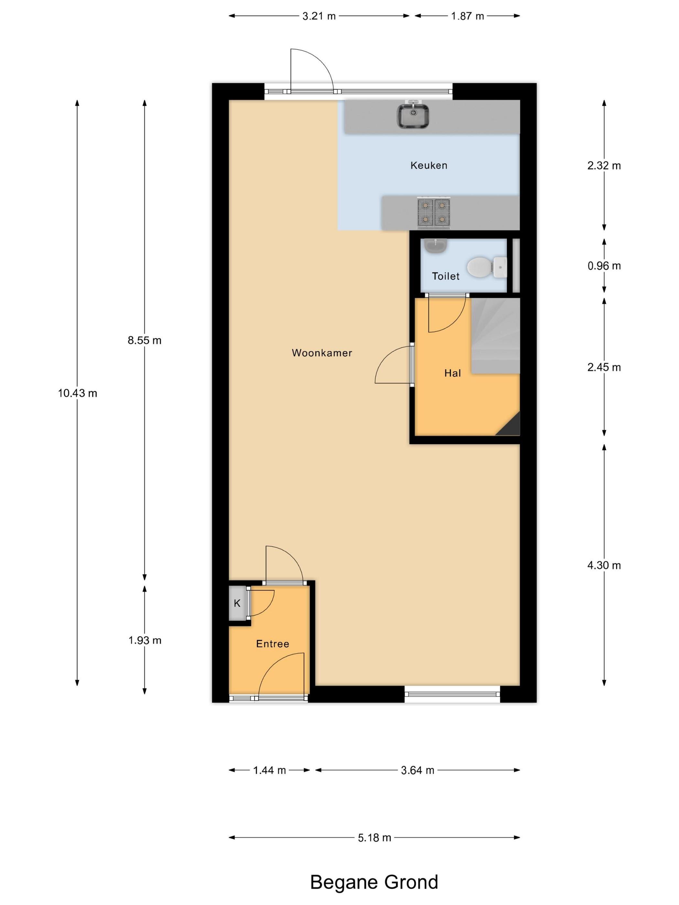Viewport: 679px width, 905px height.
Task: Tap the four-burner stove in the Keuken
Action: point(434,212)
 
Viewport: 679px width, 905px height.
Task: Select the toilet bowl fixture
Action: point(487,266)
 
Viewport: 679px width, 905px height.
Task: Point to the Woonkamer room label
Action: point(322,353)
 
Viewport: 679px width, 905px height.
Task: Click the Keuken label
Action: point(428,165)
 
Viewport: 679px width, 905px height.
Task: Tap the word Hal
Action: point(453,373)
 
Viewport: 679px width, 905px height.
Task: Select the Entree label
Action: point(273,644)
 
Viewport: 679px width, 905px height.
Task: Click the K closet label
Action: point(237,603)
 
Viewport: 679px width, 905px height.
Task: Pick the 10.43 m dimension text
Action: point(77,393)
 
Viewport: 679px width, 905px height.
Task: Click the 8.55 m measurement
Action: point(145,340)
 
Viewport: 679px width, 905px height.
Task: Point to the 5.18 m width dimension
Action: point(374,837)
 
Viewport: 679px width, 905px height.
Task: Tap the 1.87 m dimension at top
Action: point(468,16)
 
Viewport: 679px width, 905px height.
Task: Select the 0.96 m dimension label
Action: point(604,266)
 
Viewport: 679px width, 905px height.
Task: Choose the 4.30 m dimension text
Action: point(604,565)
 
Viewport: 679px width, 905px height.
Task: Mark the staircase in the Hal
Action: point(496,335)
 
